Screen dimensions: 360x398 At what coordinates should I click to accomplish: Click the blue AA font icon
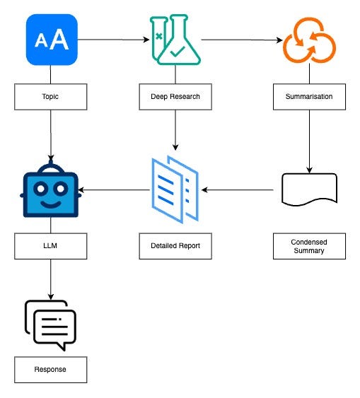coord(52,40)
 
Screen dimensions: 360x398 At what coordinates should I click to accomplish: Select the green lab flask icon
coord(175,40)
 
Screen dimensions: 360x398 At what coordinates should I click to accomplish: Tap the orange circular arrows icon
coord(309,40)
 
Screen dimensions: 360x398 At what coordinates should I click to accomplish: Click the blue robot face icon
coord(51,189)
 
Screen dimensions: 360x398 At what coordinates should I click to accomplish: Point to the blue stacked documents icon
coord(175,189)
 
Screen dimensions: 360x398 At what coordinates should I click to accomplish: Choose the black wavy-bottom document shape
coord(310,189)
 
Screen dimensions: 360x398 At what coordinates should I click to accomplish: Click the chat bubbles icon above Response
coord(50,326)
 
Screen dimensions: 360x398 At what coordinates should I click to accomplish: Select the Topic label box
coord(50,97)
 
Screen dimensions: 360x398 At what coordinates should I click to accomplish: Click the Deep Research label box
coord(175,97)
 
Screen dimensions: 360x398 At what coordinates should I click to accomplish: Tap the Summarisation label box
coord(309,97)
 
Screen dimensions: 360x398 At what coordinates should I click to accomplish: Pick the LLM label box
coord(50,246)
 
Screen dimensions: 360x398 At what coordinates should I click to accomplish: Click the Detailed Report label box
coord(175,246)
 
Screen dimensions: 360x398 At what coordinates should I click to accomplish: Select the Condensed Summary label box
coord(309,246)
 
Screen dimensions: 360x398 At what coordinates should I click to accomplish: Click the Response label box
coord(50,370)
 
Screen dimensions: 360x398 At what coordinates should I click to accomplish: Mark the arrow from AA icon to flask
coord(113,40)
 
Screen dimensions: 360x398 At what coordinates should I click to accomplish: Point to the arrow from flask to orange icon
coord(242,40)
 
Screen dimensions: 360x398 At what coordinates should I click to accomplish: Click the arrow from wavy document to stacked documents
coord(238,189)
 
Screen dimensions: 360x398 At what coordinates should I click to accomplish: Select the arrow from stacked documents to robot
coord(114,189)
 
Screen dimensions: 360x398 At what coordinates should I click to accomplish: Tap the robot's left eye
coord(40,189)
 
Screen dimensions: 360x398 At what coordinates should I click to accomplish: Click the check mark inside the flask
coord(178,52)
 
